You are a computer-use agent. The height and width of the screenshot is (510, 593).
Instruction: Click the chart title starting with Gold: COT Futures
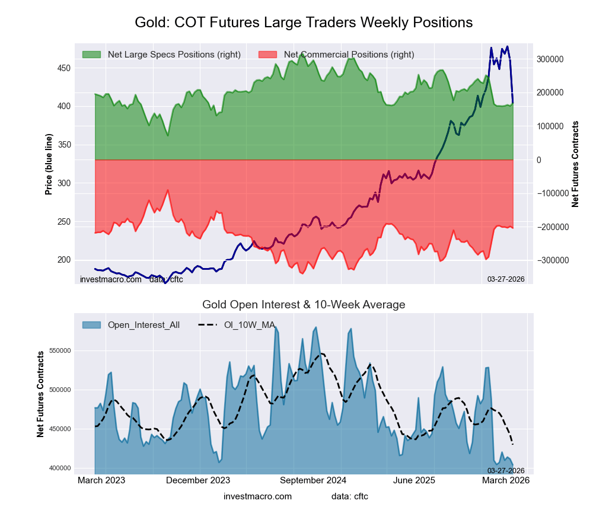tap(304, 23)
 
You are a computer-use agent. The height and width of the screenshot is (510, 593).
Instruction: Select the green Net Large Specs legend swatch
tap(92, 55)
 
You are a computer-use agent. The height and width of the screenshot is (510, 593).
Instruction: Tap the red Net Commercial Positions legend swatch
tap(268, 55)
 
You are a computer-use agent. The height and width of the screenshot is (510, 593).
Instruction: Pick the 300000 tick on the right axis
tap(550, 59)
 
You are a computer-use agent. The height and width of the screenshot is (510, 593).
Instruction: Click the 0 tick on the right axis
tap(538, 160)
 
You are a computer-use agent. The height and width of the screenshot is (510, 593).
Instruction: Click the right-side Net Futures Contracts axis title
tap(575, 164)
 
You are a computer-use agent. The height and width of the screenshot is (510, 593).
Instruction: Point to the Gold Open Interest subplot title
tap(304, 305)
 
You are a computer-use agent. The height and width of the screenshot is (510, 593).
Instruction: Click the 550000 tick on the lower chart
tap(59, 350)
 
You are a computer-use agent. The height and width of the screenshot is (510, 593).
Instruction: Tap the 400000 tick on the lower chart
tap(59, 468)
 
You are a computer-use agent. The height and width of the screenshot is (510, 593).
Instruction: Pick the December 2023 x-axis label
tap(198, 480)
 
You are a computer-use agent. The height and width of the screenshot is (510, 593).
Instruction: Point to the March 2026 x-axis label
tap(505, 480)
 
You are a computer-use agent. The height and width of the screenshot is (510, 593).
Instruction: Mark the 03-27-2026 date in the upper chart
tap(506, 278)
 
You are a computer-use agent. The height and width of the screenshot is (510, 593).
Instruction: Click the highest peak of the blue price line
tap(507, 47)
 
